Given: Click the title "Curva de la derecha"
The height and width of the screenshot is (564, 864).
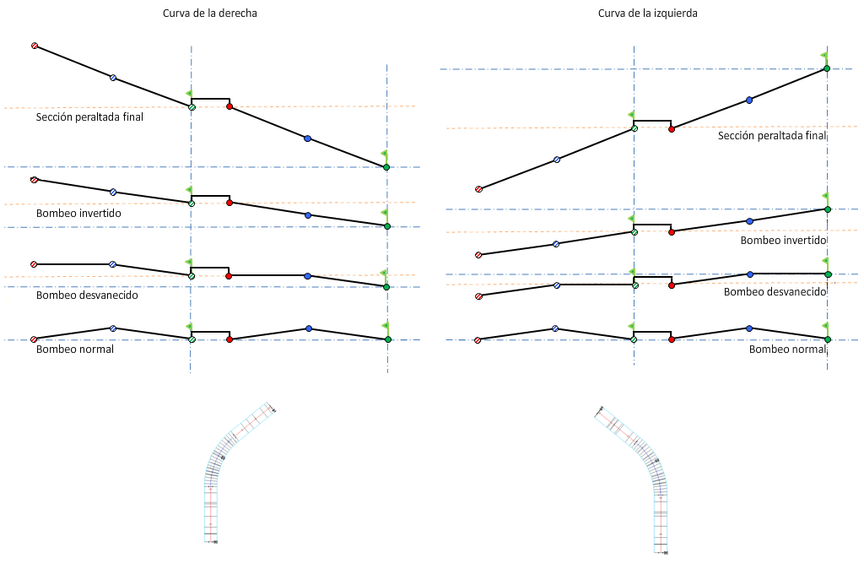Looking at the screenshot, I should tap(210, 14).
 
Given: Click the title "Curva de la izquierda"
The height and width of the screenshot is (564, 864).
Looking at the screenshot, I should tap(647, 14).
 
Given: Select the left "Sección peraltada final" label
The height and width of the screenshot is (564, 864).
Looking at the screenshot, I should tap(89, 117).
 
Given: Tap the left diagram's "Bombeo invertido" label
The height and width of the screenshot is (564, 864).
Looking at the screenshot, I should tap(78, 214).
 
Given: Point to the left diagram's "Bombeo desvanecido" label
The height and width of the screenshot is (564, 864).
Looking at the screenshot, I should tap(87, 295).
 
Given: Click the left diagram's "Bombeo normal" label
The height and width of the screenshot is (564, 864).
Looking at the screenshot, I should tap(75, 349).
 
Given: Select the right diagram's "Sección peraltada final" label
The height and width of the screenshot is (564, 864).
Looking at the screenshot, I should tap(771, 136).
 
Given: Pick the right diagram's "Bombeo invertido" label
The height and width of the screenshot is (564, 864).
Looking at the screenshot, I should tap(782, 241).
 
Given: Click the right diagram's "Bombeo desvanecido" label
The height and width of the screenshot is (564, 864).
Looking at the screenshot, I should tap(775, 292).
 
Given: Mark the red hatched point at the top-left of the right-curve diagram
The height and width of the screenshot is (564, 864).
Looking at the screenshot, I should tap(35, 46).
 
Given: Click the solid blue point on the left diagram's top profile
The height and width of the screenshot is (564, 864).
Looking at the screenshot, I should tap(307, 138).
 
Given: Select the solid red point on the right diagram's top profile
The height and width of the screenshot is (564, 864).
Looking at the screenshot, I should tap(672, 129).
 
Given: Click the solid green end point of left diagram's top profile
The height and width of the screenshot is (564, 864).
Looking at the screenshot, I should tap(386, 167).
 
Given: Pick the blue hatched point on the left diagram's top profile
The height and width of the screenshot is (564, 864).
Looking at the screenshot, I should tap(113, 78).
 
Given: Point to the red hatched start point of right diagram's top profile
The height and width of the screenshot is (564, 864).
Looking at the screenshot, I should tap(478, 189).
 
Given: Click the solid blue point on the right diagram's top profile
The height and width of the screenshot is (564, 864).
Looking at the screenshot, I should tap(748, 100).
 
